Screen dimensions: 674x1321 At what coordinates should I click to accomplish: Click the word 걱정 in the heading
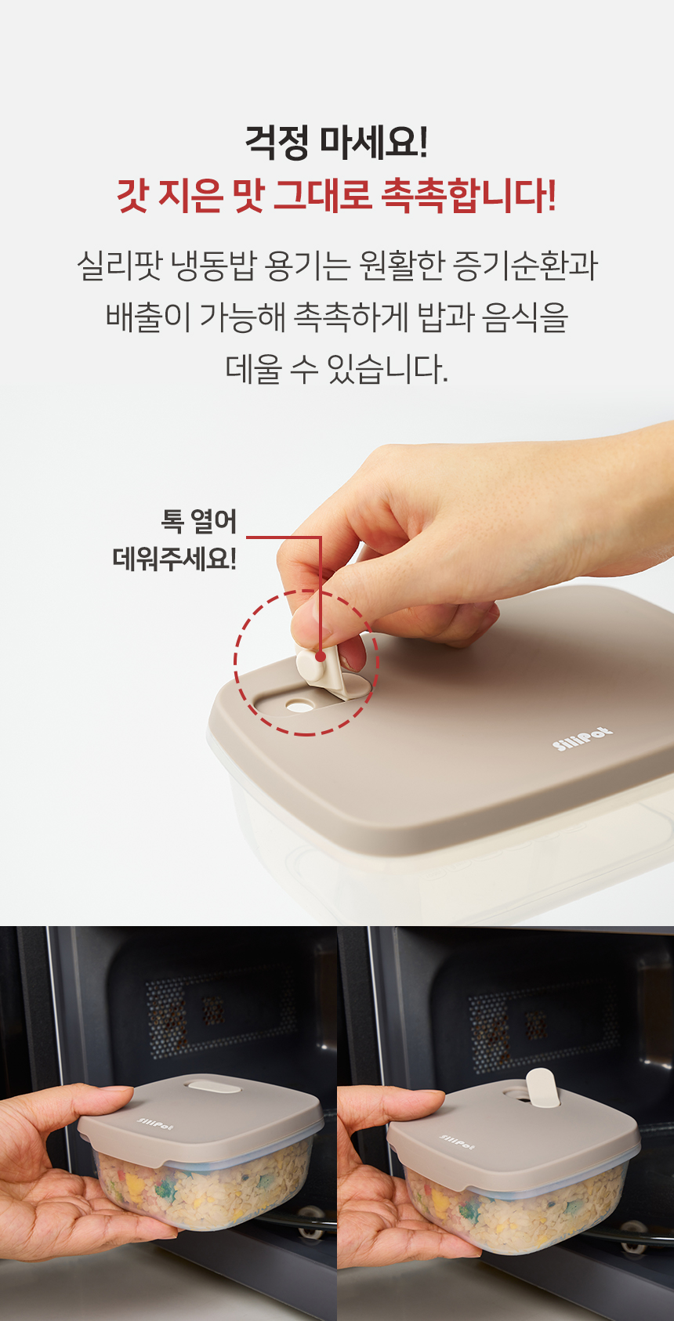[x=277, y=143]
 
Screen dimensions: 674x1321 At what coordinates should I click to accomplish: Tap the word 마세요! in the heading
[x=374, y=143]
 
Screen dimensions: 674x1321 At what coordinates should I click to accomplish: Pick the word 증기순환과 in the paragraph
[x=525, y=266]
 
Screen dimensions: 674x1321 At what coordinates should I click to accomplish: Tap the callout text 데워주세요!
[x=175, y=559]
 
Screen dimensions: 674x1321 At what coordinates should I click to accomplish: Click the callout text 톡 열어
[x=199, y=521]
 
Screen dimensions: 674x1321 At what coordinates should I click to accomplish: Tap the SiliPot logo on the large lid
[x=582, y=738]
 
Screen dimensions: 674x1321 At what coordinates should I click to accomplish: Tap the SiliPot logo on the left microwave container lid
[x=155, y=1124]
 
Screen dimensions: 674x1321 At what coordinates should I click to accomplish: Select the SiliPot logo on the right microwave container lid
[x=458, y=1142]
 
